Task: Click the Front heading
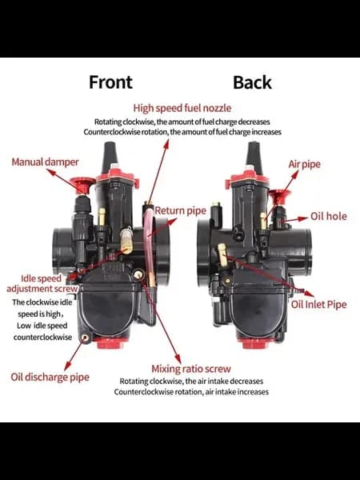point(110,82)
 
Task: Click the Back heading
point(252,82)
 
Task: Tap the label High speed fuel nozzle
point(182,108)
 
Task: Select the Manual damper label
point(45,162)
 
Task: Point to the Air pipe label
point(304,164)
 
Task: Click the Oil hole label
point(329,216)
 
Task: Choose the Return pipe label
point(180,211)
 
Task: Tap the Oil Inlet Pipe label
point(318,304)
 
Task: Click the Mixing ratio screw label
point(191,369)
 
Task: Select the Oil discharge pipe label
point(50,377)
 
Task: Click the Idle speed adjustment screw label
point(42,283)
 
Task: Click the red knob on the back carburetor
point(279,197)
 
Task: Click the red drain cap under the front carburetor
point(110,343)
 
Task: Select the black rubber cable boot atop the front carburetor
point(110,156)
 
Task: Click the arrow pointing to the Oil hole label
point(296,219)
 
